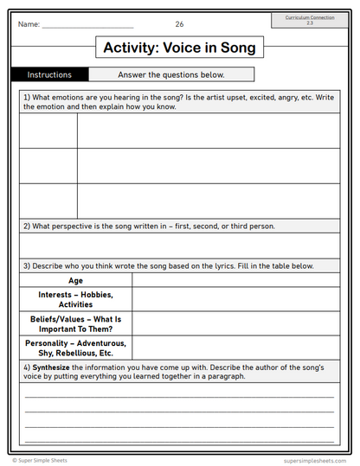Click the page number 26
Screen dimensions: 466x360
coord(179,24)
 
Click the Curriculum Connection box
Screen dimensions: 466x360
coord(310,19)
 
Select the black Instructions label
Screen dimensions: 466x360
coord(49,75)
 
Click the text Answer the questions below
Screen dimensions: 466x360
coord(171,75)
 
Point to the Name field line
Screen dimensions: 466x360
coord(87,27)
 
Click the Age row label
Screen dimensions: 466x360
coord(75,280)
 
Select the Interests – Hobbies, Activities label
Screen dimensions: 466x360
coord(75,299)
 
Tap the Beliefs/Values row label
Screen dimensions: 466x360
coord(75,323)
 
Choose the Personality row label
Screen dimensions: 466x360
coord(75,348)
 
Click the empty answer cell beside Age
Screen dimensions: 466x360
coord(235,280)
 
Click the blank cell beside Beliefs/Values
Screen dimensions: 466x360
coord(235,323)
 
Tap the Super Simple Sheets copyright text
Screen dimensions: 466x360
coord(43,460)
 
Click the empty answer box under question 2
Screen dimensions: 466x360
coord(179,246)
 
